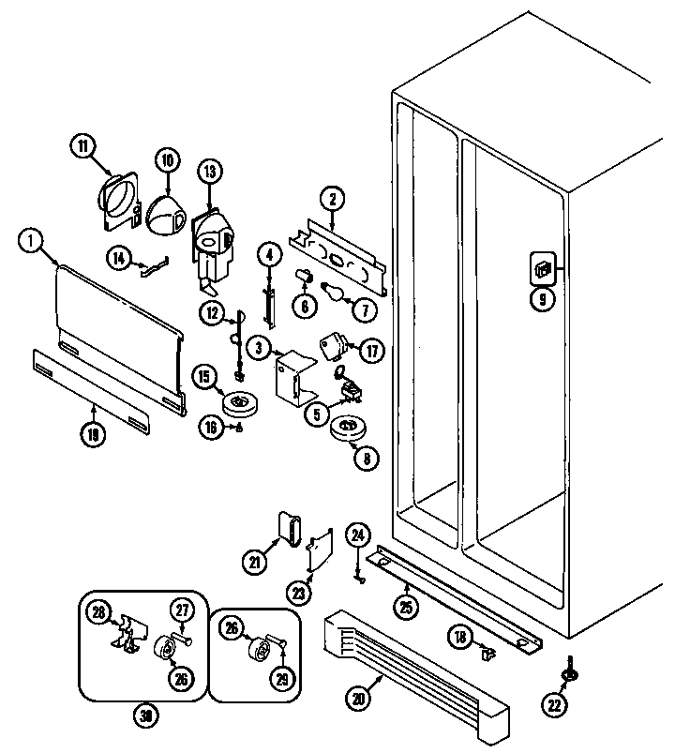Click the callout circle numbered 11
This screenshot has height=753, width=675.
[83, 145]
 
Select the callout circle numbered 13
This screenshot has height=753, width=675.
[208, 171]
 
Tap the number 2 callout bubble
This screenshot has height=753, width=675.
[331, 198]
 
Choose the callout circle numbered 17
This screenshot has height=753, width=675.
[373, 351]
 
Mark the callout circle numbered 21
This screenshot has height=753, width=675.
[254, 562]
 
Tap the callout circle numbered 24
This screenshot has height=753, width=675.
[356, 535]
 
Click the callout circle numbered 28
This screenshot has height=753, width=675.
[97, 612]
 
